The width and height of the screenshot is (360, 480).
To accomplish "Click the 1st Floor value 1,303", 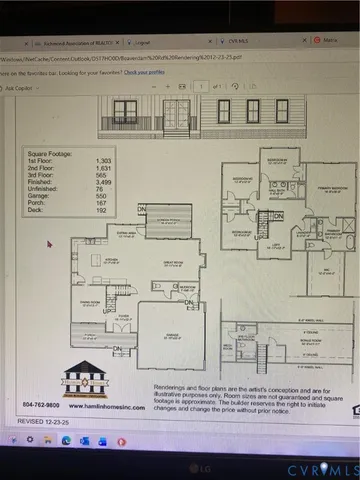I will click(102, 160).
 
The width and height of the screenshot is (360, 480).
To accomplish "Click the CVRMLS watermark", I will click(322, 468).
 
